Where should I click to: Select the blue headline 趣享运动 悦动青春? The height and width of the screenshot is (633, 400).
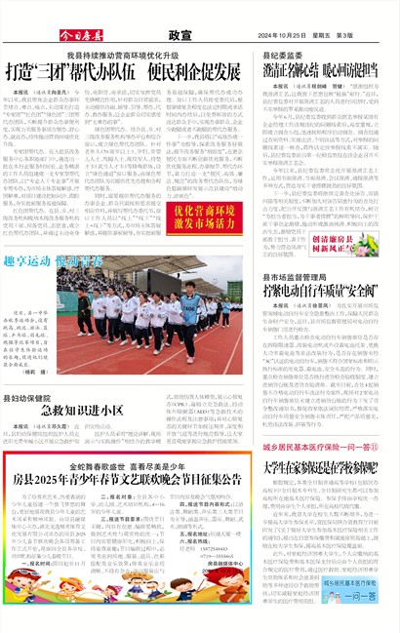click(55, 261)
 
